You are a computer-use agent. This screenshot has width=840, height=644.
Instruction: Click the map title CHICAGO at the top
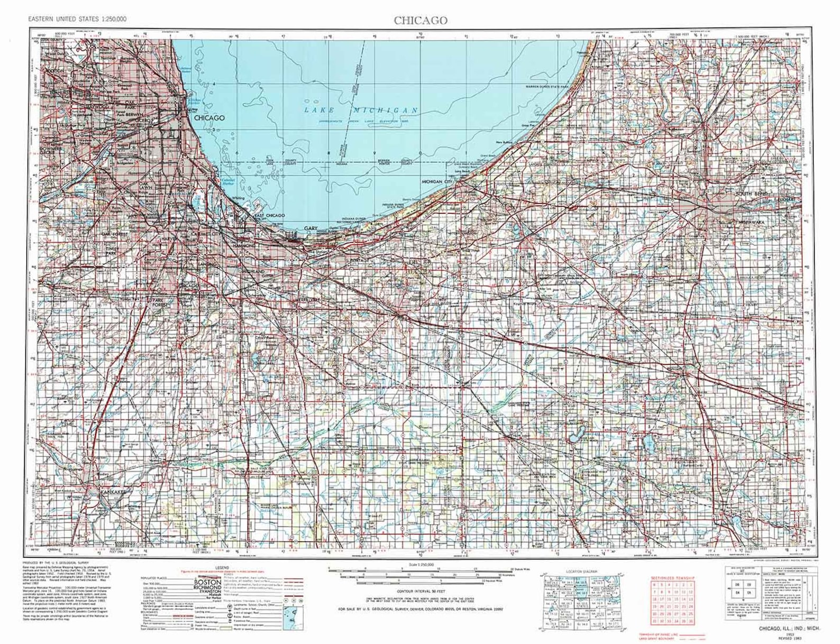click(420, 21)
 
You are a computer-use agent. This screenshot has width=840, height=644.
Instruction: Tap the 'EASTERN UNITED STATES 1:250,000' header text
click(78, 19)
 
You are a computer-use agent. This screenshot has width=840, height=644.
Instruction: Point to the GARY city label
click(310, 228)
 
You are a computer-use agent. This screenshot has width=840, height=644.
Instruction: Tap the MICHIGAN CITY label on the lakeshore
click(437, 181)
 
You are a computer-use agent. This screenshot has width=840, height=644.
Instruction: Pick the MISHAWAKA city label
click(752, 222)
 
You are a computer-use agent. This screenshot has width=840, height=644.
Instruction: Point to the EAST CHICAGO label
click(269, 216)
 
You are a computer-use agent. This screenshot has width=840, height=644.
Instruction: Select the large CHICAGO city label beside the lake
click(209, 118)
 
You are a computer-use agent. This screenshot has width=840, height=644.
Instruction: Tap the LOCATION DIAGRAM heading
click(581, 572)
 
